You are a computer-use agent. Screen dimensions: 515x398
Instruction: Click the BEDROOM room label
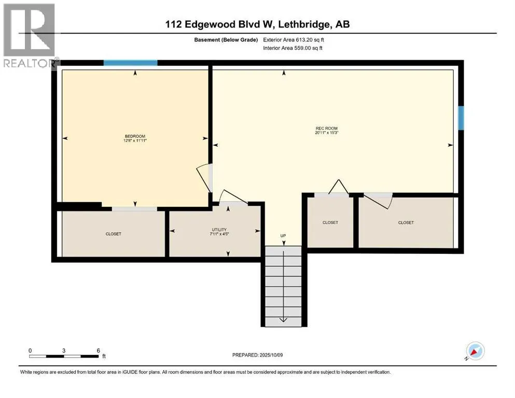point(135,136)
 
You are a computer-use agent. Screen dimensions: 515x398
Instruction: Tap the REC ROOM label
point(326,129)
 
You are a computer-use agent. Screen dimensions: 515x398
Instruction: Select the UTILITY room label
point(219,230)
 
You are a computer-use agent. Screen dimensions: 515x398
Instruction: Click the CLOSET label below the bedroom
point(113,234)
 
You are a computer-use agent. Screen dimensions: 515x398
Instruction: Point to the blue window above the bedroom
point(130,63)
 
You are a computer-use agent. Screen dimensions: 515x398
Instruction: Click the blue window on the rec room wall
point(461,118)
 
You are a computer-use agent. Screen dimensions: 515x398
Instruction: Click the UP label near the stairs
point(283,236)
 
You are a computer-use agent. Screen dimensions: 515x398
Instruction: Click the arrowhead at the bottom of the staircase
point(283,320)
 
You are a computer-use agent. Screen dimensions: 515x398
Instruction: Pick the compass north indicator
point(474,351)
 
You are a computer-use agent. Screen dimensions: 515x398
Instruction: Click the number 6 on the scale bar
point(98,350)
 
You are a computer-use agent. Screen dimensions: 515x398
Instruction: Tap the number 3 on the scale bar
point(64,350)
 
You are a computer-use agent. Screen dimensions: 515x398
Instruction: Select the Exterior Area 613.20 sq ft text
point(294,40)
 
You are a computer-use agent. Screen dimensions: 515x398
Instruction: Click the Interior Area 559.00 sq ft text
point(293,48)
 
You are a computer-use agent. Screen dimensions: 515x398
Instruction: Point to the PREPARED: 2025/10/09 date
point(257,355)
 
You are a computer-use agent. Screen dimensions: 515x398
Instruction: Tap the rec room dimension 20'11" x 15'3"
point(326,133)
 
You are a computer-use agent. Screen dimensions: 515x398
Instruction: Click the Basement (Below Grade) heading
point(226,40)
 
